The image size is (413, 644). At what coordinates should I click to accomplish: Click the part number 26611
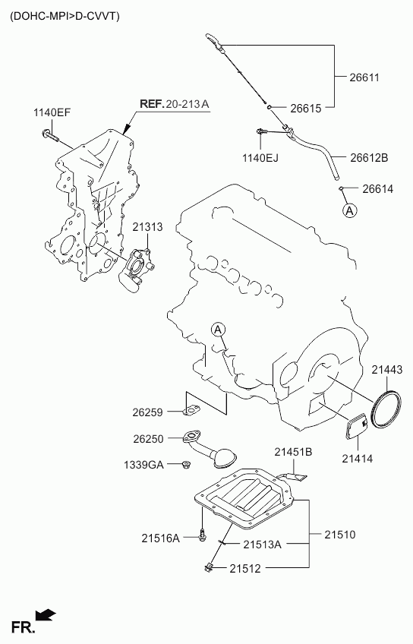pyautogui.click(x=364, y=77)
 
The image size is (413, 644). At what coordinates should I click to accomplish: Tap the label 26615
pyautogui.click(x=305, y=108)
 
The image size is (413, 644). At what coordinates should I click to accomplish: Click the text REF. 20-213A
pyautogui.click(x=175, y=103)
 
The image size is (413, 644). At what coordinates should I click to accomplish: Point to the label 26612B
pyautogui.click(x=369, y=157)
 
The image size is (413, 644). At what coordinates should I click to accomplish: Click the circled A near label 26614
pyautogui.click(x=349, y=210)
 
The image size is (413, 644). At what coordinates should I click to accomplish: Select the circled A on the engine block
pyautogui.click(x=218, y=330)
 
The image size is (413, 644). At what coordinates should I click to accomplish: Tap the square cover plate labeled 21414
pyautogui.click(x=356, y=427)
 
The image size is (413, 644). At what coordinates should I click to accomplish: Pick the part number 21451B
pyautogui.click(x=293, y=452)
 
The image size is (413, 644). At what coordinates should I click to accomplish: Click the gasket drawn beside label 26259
pyautogui.click(x=192, y=411)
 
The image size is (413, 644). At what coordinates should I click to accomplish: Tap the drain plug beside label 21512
pyautogui.click(x=208, y=567)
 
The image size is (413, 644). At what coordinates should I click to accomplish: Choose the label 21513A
pyautogui.click(x=262, y=545)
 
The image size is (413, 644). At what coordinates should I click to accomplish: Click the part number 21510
pyautogui.click(x=340, y=535)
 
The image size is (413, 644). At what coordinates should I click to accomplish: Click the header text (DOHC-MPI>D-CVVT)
pyautogui.click(x=65, y=16)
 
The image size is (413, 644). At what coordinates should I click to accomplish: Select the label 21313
pyautogui.click(x=147, y=227)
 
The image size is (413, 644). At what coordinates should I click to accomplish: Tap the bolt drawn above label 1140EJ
pyautogui.click(x=261, y=131)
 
